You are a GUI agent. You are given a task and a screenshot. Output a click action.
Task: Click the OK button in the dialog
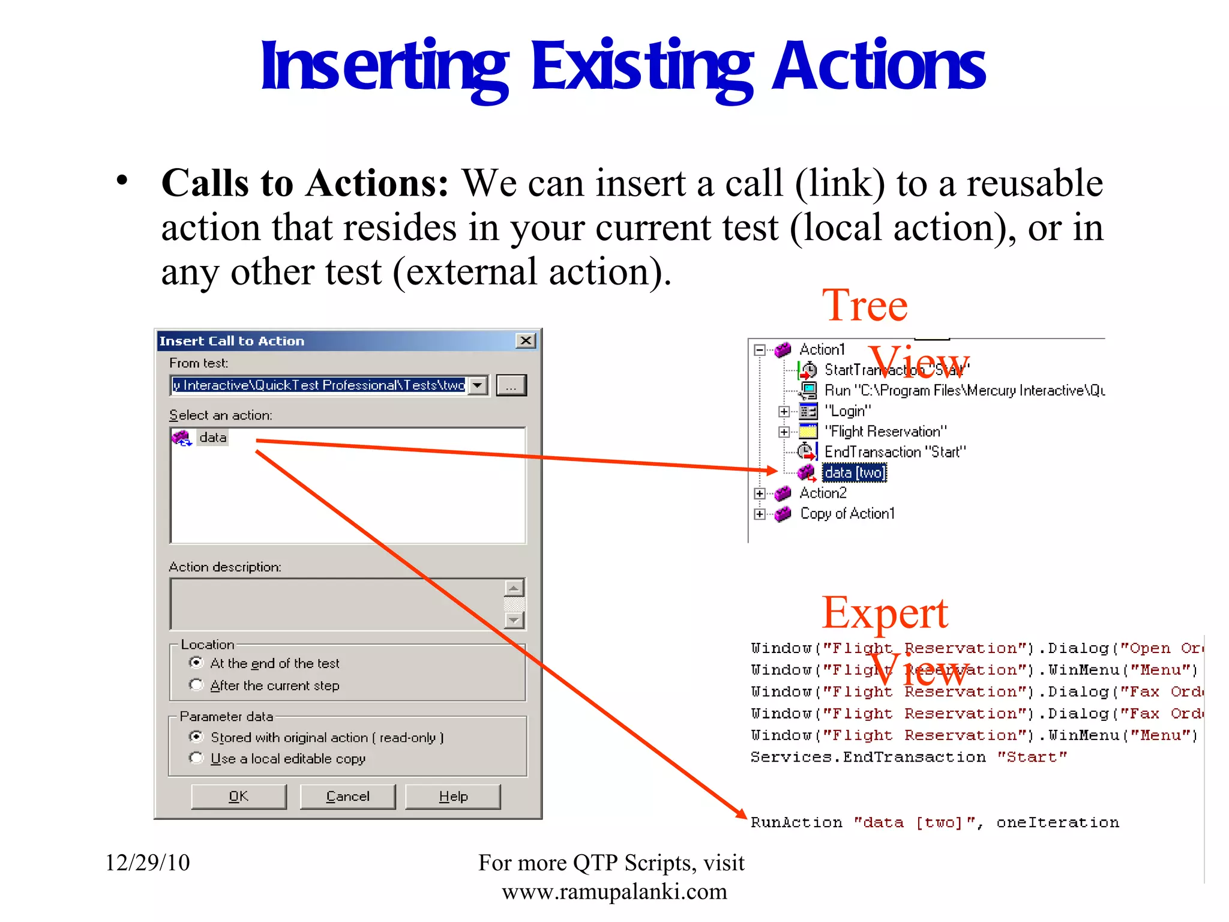[x=238, y=797]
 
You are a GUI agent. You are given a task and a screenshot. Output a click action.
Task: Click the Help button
[x=453, y=797]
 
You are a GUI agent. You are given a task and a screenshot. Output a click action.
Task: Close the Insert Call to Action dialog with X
[x=526, y=341]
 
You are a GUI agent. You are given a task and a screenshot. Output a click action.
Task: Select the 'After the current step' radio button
[x=196, y=685]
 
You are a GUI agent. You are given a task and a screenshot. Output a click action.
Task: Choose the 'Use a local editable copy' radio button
[x=196, y=758]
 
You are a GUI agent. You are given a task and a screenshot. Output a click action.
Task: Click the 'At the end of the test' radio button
[x=196, y=663]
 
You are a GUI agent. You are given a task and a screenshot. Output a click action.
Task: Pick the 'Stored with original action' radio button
[x=196, y=737]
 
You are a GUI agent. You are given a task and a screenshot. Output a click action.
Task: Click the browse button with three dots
[x=511, y=385]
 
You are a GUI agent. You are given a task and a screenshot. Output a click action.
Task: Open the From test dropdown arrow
[x=478, y=385]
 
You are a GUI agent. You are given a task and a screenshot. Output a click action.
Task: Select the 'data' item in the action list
[x=212, y=438]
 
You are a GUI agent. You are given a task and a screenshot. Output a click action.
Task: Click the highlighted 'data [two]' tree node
[x=854, y=473]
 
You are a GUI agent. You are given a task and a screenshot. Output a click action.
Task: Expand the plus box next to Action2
[x=760, y=493]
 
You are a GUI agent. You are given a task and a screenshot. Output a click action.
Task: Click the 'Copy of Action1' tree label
[x=847, y=514]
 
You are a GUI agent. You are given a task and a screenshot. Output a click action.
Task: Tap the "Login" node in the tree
[x=847, y=411]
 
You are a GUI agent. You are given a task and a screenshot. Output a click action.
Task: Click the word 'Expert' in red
[x=885, y=613]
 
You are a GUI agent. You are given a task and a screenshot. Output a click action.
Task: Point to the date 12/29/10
[x=148, y=863]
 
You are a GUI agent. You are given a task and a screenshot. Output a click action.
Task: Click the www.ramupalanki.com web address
[x=614, y=892]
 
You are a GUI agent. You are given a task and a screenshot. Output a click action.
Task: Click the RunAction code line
[x=934, y=822]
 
